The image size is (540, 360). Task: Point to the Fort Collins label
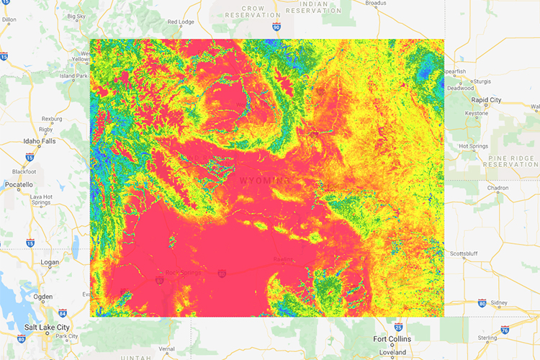392,339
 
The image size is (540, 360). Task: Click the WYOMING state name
264,180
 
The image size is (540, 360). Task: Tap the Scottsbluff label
467,253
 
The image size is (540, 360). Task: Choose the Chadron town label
498,188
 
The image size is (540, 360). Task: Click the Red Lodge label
181,22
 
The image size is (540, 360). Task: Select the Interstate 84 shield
63,313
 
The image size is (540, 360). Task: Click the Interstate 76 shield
505,330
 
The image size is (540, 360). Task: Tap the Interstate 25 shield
397,325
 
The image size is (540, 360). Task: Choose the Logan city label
50,262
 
